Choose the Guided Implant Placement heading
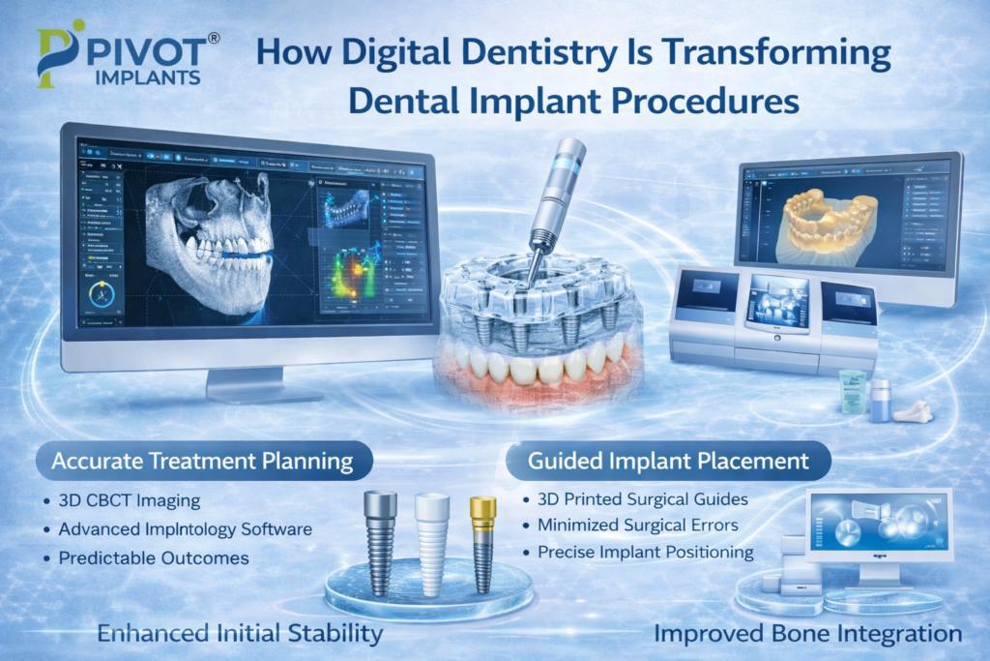[667, 462]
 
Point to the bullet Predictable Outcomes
[154, 558]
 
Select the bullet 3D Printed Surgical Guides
[639, 501]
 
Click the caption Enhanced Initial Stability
[240, 635]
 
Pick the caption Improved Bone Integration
[807, 635]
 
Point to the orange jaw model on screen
[830, 219]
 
